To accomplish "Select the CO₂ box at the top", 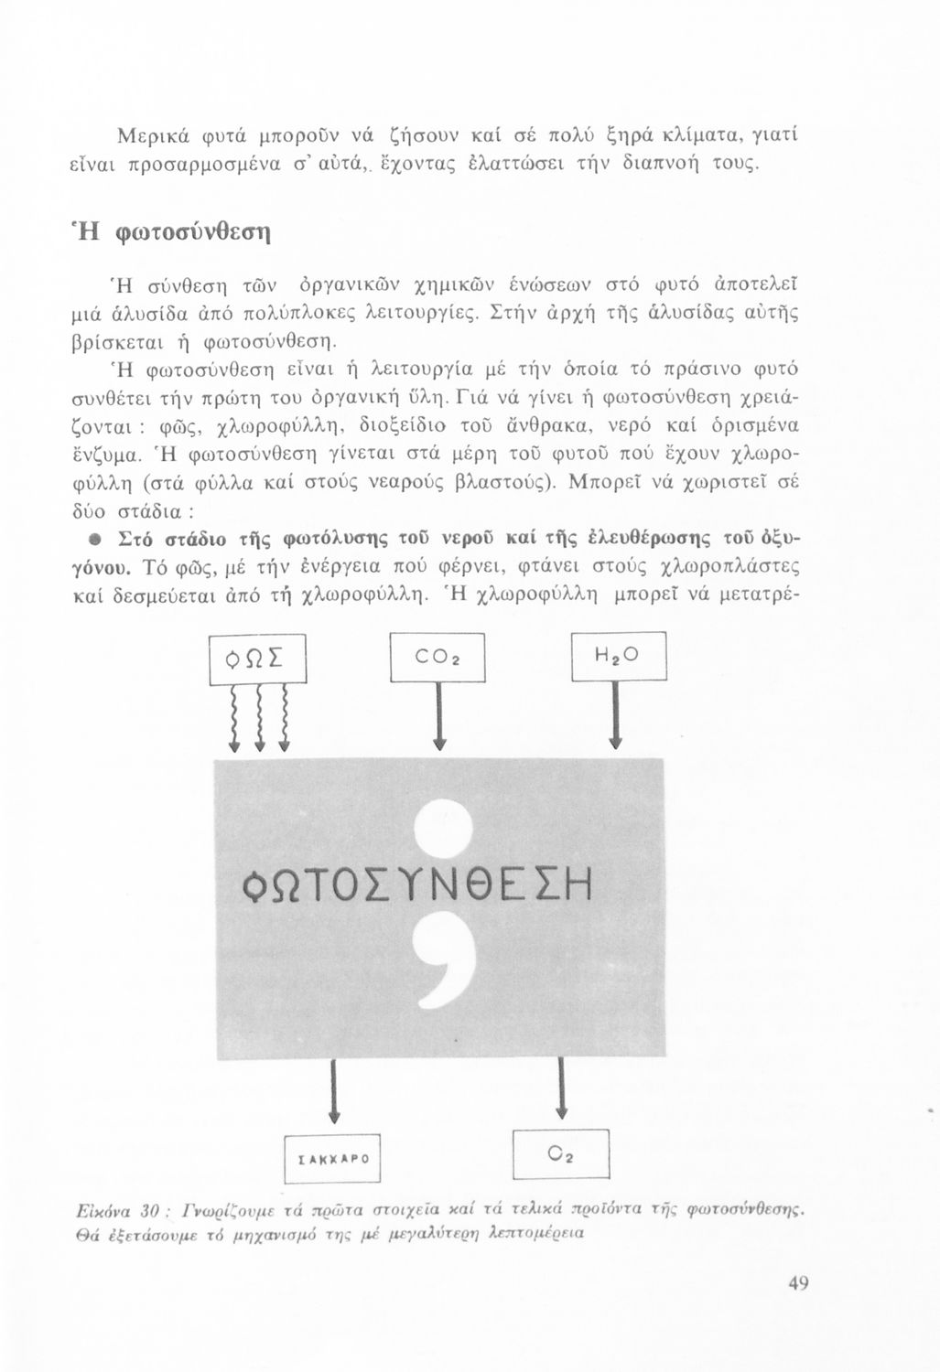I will [x=437, y=658].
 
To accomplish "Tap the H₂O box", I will [x=619, y=657].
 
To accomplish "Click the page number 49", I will [x=798, y=1284].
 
